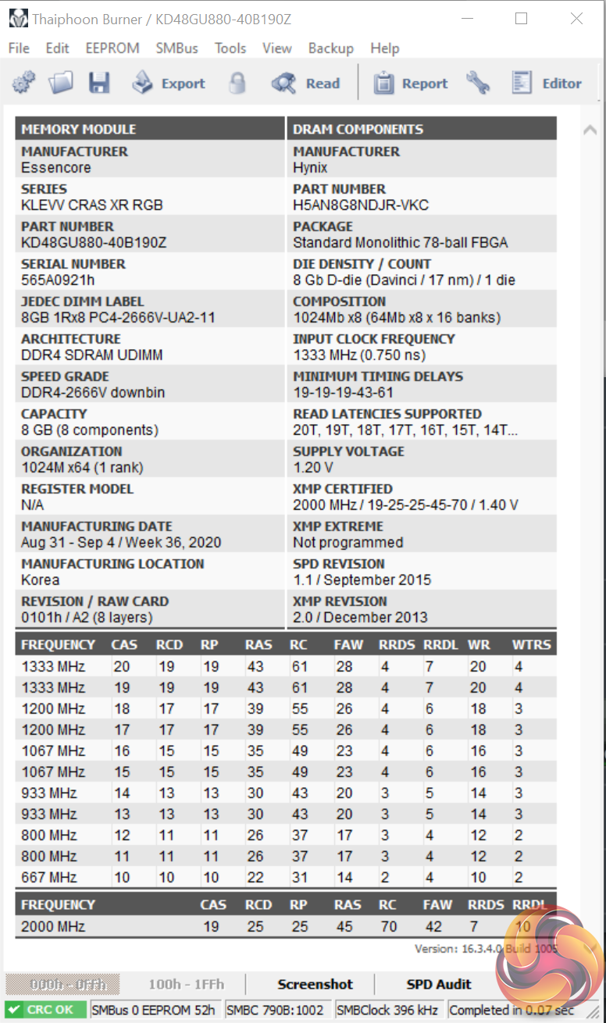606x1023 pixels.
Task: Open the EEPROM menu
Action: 112,48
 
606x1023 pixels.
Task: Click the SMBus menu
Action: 176,48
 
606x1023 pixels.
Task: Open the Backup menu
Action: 330,48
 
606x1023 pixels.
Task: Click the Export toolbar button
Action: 169,84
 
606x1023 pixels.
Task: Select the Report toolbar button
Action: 411,84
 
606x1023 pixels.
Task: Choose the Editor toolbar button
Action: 547,84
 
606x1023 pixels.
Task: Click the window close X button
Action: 576,19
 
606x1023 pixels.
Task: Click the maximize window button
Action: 522,19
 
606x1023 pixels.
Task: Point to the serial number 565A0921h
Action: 58,280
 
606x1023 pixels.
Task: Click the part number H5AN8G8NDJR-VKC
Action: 361,205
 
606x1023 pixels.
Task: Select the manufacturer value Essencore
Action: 56,168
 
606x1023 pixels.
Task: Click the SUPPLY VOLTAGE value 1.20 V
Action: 313,468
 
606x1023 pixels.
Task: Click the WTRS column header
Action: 532,645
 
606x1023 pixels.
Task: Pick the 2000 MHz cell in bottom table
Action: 53,927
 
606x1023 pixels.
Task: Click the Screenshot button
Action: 315,985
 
